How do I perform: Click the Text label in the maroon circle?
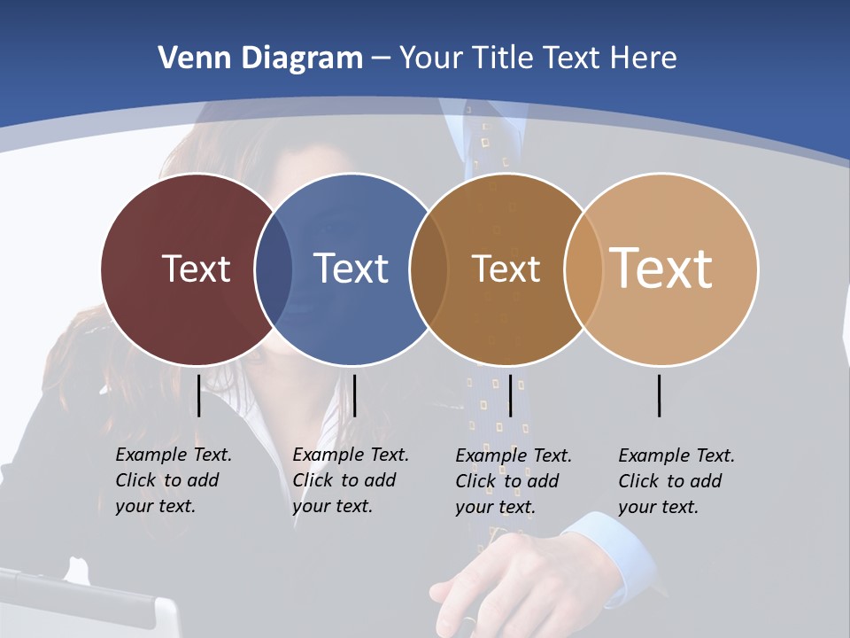196,268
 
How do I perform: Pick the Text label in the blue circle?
352,268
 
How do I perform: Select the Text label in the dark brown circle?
506,268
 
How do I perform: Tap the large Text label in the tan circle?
661,268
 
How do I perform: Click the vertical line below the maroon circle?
199,395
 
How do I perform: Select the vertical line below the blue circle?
354,395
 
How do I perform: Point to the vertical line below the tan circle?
660,395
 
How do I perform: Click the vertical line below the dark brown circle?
511,395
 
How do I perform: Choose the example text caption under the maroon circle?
173,480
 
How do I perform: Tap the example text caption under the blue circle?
350,480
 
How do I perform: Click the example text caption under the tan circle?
676,481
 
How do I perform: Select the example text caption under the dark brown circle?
513,481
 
